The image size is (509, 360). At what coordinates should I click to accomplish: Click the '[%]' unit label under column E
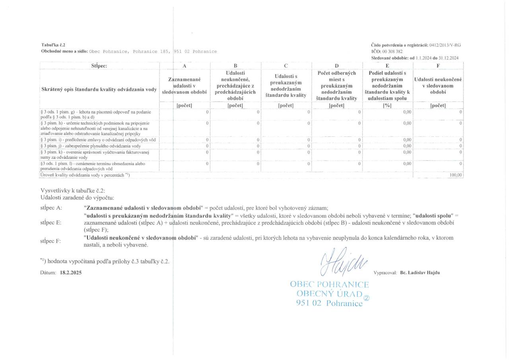click(387, 105)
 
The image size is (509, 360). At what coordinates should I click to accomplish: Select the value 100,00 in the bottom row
click(455, 175)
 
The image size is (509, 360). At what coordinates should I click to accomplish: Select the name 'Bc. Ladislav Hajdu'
click(420, 272)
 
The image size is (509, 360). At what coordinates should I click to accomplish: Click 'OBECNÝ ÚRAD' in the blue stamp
click(330, 294)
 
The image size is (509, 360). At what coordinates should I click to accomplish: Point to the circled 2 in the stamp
click(367, 297)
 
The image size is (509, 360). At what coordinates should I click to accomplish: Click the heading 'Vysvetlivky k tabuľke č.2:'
click(73, 190)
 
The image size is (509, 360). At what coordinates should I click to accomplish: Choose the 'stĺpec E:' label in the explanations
click(51, 222)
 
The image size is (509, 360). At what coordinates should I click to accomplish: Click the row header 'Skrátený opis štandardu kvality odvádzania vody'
click(99, 89)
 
